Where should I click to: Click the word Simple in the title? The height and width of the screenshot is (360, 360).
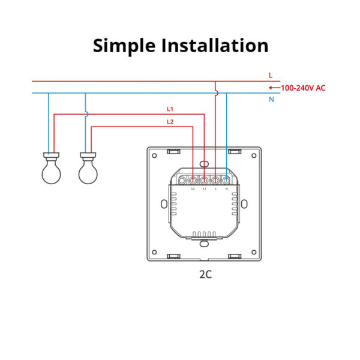tap(124, 46)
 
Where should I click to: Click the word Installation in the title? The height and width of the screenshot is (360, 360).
tap(215, 45)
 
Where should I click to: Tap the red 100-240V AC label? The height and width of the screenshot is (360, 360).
tap(303, 88)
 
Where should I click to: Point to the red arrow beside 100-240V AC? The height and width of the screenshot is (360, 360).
tap(275, 88)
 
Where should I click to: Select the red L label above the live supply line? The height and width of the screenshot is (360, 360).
tap(271, 76)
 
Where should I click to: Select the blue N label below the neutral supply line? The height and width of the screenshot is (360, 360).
tap(271, 100)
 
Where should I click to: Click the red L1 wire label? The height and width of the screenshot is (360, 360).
tap(170, 109)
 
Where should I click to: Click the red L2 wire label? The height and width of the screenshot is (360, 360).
tap(170, 122)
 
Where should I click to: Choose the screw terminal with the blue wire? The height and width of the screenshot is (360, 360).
tap(226, 181)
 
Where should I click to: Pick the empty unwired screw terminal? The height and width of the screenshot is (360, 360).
tap(182, 181)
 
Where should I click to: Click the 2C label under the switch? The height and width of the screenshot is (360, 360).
tap(205, 274)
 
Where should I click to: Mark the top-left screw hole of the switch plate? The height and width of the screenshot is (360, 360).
tap(155, 155)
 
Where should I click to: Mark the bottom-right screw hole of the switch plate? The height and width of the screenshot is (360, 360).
tap(254, 252)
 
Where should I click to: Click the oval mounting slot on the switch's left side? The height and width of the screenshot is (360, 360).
tap(164, 204)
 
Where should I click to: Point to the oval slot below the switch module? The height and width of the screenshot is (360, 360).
tap(204, 244)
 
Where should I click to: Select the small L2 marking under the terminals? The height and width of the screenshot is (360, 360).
tap(193, 189)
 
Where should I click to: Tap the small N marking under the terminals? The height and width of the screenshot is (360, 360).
tap(227, 189)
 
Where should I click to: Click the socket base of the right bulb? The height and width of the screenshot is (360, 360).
tap(88, 157)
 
